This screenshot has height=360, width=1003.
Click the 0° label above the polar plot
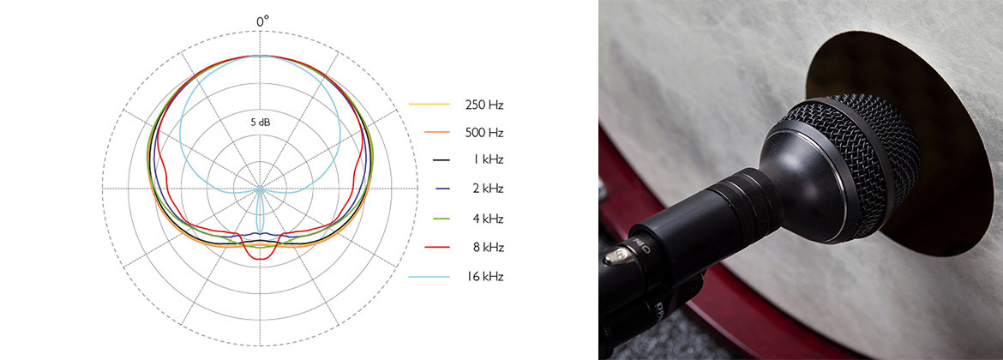point(262,21)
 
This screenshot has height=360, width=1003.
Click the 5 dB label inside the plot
point(261,122)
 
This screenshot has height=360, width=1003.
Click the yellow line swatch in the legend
point(428,105)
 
